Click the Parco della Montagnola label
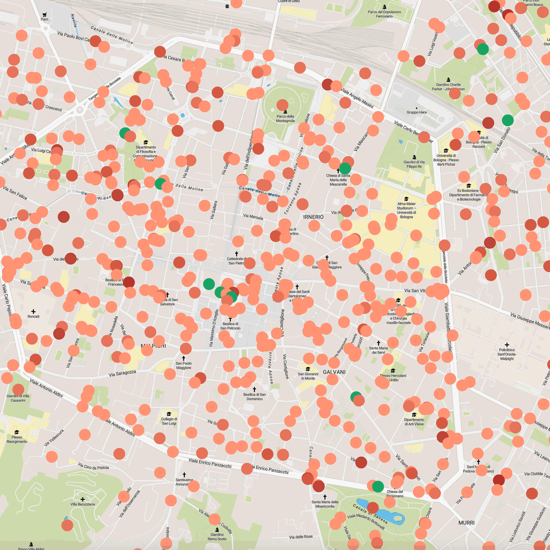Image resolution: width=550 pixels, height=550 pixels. pos(285,119)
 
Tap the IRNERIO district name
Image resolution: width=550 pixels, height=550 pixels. pos(313,217)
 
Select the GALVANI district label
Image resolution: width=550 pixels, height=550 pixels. pos(334,372)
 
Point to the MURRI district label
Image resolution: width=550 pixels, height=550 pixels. pos(466,522)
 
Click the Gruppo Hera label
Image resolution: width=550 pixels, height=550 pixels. pos(417,112)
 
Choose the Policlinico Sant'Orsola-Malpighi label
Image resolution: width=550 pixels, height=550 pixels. pos(507,354)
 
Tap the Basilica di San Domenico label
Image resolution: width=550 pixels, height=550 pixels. pos(254,397)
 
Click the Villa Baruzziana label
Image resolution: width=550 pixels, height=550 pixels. pos(83,504)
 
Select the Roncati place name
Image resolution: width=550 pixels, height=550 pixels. pos(34,316)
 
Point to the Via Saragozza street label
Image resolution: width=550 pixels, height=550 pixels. pos(122,373)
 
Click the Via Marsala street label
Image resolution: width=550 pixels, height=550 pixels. pos(253,217)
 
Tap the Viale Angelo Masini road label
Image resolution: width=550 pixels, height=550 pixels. pos(357,98)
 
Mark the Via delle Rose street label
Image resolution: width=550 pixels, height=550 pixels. pos(301,537)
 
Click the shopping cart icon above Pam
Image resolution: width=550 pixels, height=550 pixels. pos(45,15)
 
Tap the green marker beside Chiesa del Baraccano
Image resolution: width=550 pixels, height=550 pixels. pos(378,486)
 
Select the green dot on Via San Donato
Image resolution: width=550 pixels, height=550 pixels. pos(507,120)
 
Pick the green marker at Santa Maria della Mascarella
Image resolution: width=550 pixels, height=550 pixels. pos(345,168)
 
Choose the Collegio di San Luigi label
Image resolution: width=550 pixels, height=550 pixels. pos(169,421)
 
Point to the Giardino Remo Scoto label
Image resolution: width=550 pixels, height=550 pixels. pos(217,537)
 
